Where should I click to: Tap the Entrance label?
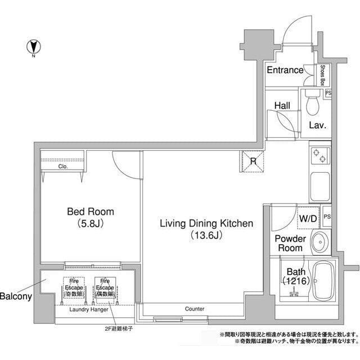point(285,70)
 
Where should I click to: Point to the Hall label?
point(282,105)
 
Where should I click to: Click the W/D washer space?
point(307,218)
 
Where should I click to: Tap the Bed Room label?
point(90,212)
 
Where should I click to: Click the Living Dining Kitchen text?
point(206,223)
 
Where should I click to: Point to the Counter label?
point(194,309)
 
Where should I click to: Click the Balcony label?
point(15,296)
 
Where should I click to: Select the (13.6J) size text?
point(206,236)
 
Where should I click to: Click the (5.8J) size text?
point(90,224)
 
